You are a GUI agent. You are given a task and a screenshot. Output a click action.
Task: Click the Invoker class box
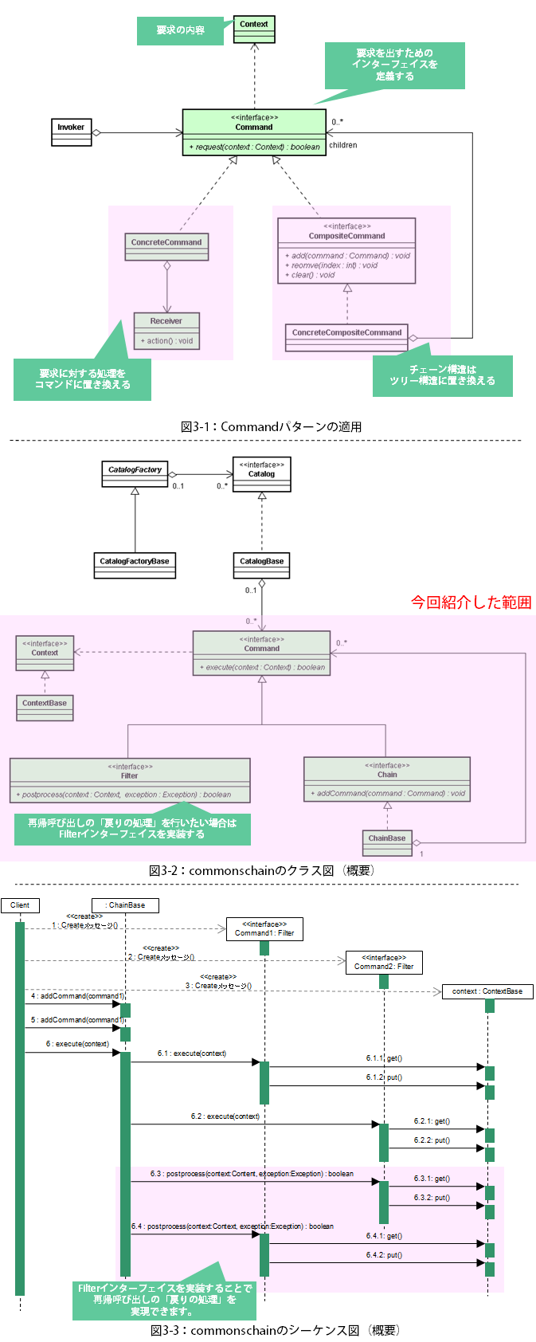(71, 132)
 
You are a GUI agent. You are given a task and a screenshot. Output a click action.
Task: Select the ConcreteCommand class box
(166, 247)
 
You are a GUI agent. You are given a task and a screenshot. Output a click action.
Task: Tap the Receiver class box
(166, 332)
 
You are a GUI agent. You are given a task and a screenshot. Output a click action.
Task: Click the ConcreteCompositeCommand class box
(346, 337)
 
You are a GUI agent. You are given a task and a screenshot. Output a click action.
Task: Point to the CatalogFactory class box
(135, 473)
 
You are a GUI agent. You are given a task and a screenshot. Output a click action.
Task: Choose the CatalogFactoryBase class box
(135, 565)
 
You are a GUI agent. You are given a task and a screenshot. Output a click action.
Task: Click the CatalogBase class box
(262, 565)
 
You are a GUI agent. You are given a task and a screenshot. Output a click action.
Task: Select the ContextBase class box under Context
(45, 708)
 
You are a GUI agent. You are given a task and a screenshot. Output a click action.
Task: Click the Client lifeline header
(20, 905)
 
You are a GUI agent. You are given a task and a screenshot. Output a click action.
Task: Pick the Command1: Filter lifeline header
(264, 929)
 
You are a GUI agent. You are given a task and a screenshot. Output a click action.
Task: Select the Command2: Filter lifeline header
(384, 963)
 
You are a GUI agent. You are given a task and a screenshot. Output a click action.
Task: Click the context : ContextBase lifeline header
(487, 991)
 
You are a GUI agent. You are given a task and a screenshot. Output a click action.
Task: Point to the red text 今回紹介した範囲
(471, 602)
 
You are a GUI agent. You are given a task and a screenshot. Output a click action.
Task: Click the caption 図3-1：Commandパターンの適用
(271, 427)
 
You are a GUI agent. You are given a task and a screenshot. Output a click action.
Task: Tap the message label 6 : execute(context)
(77, 1044)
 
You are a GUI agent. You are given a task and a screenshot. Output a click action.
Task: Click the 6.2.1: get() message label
(432, 1121)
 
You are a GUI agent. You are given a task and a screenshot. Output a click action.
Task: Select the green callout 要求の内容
(180, 30)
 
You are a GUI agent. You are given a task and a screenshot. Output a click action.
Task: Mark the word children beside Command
(343, 145)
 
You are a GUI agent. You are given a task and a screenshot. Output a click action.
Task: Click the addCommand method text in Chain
(387, 794)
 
